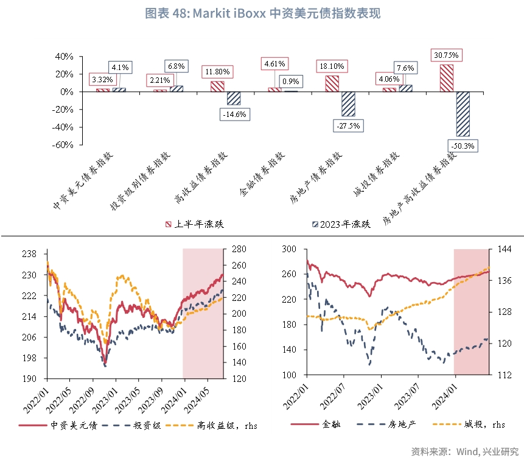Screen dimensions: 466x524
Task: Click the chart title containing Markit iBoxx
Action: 262,13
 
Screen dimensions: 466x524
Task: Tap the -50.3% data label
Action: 463,146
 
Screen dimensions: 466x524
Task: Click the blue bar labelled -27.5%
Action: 348,104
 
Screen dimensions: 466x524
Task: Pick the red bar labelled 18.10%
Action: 332,83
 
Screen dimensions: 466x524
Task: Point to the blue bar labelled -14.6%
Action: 234,98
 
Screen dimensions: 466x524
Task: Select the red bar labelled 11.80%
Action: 217,86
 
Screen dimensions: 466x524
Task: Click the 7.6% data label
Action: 405,68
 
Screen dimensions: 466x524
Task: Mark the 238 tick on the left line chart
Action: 29,254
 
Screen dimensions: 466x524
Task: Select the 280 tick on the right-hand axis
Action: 238,249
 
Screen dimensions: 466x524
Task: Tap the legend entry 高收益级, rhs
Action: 222,425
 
